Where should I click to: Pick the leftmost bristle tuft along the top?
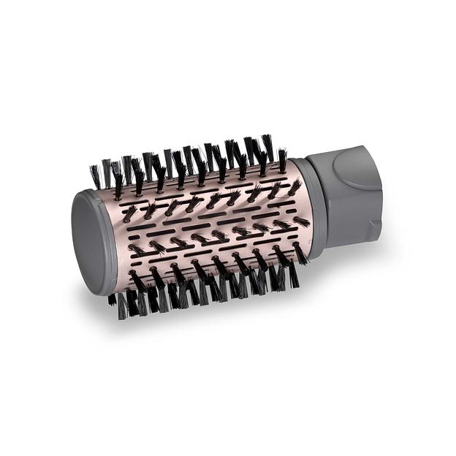pos(95,176)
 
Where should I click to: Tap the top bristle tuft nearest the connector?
pos(282,159)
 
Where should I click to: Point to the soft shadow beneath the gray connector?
pos(343,252)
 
